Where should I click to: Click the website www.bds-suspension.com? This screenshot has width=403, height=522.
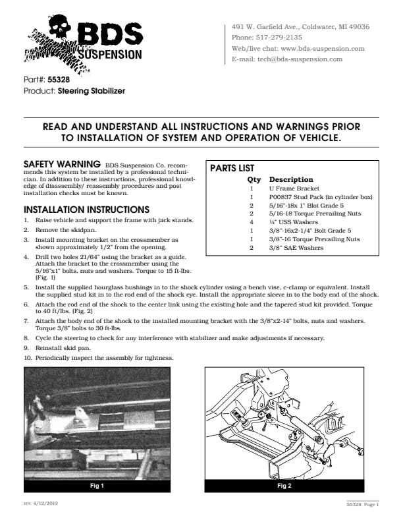coord(323,48)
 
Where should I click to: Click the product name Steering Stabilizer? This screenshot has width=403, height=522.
coord(91,90)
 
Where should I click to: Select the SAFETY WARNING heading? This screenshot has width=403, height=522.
coord(62,163)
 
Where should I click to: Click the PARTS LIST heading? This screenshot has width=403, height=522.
coord(232,169)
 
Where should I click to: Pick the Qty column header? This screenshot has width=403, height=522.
coord(254,179)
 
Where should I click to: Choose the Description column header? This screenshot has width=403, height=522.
coord(291,179)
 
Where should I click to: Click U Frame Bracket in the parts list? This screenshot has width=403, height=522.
coord(294,188)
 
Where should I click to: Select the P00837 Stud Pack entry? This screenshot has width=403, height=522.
coord(321,197)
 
